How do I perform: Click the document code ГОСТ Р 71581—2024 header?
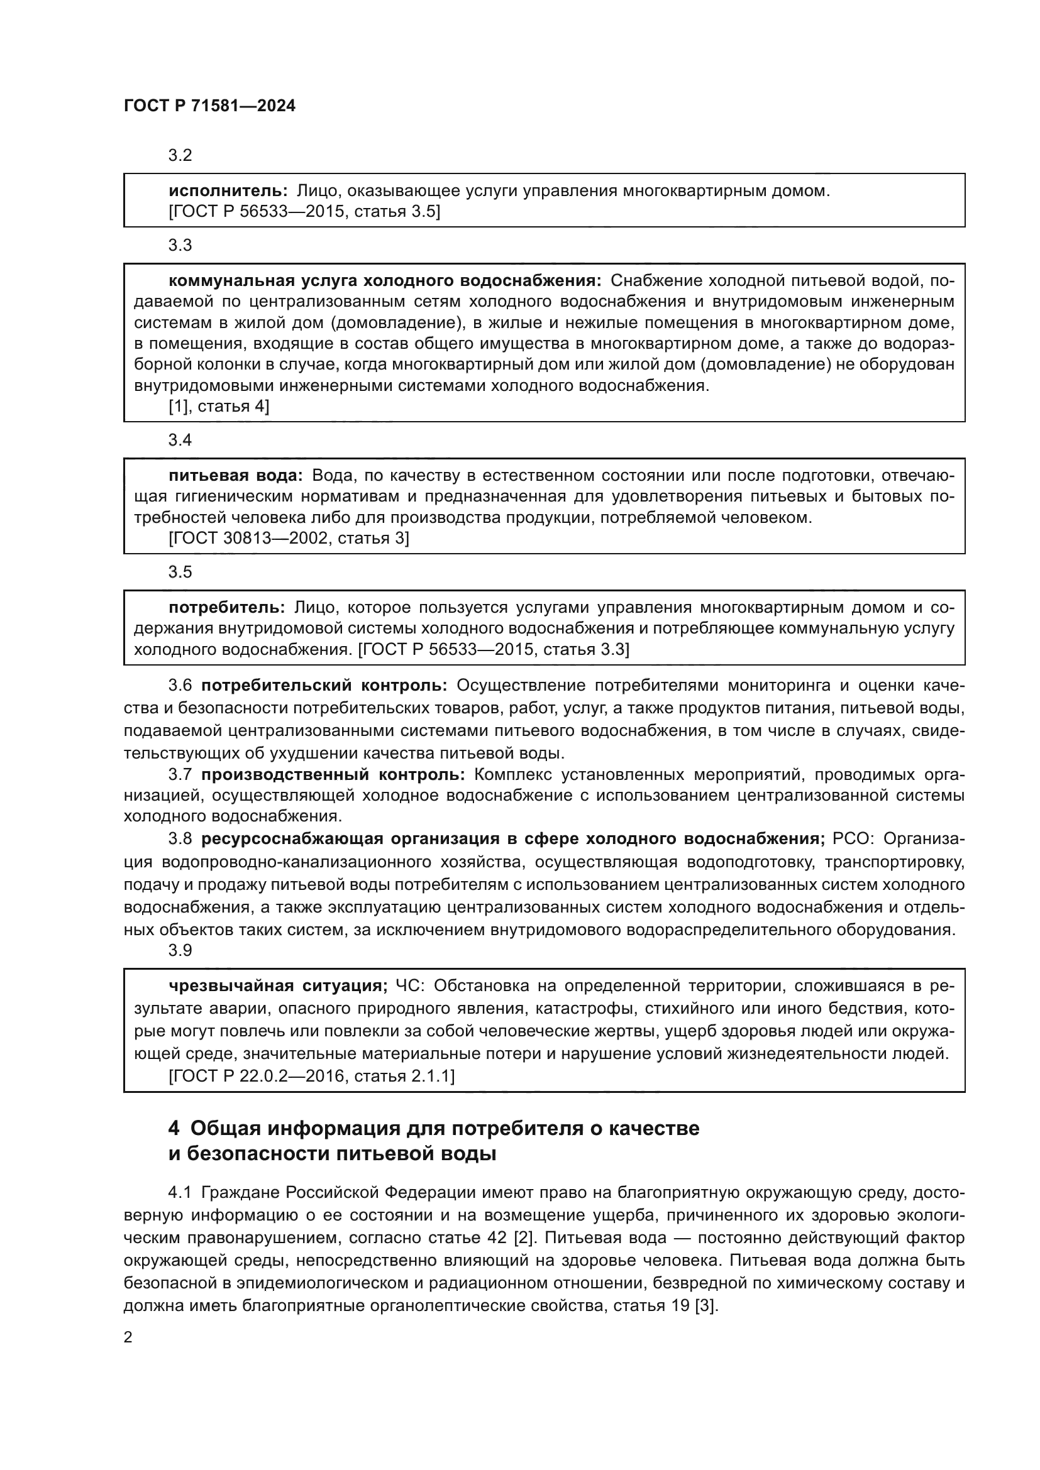pyautogui.click(x=209, y=106)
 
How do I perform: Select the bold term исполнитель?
pyautogui.click(x=228, y=191)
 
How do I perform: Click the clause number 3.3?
pyautogui.click(x=180, y=245)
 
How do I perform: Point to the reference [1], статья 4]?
pyautogui.click(x=218, y=407)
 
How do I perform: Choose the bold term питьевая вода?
pyautogui.click(x=236, y=476)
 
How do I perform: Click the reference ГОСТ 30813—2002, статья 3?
pyautogui.click(x=288, y=539)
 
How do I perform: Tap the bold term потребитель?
pyautogui.click(x=227, y=607)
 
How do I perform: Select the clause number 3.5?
pyautogui.click(x=180, y=573)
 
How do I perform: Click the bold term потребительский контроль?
pyautogui.click(x=324, y=686)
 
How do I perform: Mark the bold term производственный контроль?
pyautogui.click(x=333, y=775)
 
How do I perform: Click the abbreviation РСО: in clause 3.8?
pyautogui.click(x=853, y=839)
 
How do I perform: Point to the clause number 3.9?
pyautogui.click(x=180, y=951)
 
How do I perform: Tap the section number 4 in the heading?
pyautogui.click(x=174, y=1128)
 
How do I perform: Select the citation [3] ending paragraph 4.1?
pyautogui.click(x=705, y=1305)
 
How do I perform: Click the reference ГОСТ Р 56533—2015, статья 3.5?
pyautogui.click(x=304, y=212)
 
